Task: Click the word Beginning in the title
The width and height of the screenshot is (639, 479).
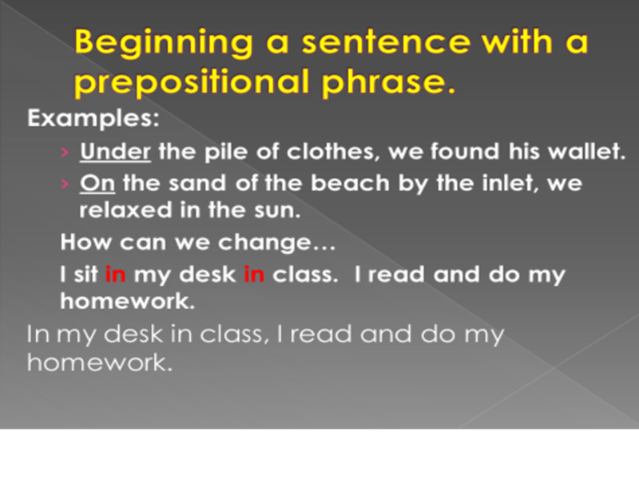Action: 164,43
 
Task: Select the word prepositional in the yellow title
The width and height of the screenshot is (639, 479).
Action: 192,82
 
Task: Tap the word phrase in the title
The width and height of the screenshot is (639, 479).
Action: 387,82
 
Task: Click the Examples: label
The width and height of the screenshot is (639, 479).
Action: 93,118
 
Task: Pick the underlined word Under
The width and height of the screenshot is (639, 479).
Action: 115,152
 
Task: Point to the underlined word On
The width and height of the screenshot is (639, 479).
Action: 97,183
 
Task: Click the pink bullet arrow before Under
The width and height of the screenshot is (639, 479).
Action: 65,152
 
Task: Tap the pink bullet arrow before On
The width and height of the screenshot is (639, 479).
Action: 65,184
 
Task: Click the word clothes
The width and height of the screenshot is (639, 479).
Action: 331,152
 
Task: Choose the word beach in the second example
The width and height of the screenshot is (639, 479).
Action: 350,183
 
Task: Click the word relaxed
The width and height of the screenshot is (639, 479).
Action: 125,210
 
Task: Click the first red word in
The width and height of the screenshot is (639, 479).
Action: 115,274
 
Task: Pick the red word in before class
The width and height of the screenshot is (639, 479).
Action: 254,274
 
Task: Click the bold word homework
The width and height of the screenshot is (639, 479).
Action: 128,302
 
